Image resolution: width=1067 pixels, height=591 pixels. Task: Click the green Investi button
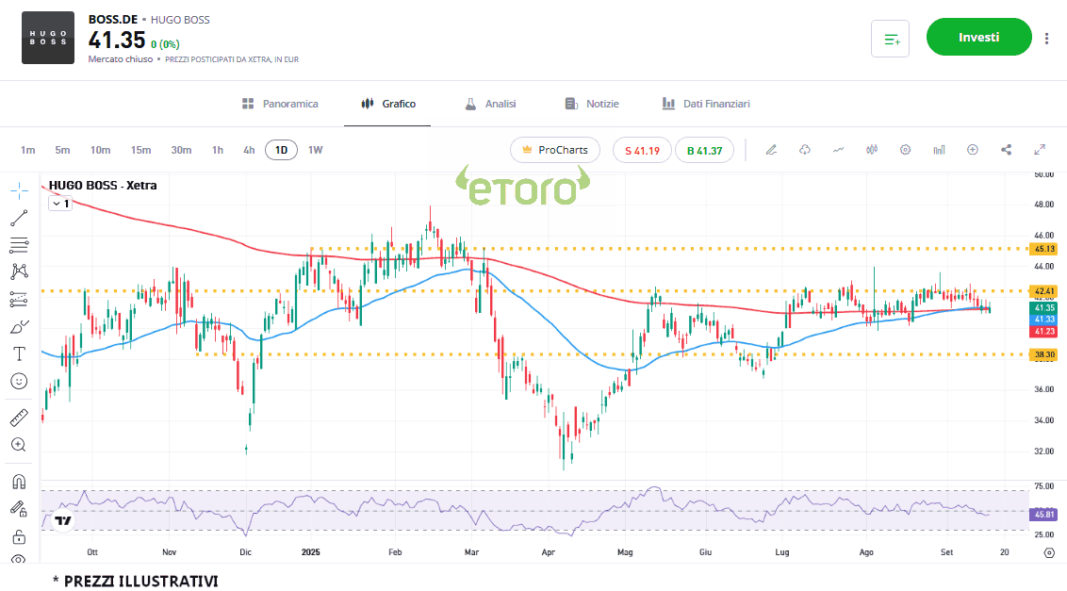978,38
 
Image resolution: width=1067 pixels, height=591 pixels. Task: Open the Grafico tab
388,104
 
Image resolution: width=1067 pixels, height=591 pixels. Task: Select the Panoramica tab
280,104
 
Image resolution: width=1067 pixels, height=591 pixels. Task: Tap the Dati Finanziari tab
706,104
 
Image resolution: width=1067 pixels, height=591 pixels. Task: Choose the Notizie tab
592,104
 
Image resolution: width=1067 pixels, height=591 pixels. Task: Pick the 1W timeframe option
315,150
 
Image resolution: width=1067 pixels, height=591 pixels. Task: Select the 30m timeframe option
181,150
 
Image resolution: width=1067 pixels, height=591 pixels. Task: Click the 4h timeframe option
249,150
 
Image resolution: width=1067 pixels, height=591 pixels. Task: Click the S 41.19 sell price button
642,150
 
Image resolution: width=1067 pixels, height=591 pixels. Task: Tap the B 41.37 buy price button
704,150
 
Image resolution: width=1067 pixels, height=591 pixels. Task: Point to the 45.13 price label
1043,249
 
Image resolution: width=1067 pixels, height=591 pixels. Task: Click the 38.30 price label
1043,354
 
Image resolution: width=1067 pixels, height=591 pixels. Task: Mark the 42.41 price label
1043,290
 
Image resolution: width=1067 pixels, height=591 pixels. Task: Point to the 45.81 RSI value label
1043,514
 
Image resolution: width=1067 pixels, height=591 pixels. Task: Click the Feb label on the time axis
395,552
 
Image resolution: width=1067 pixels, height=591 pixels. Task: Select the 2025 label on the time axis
312,552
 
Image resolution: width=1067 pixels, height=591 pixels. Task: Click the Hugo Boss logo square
48,38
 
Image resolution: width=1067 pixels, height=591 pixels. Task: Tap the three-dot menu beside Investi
1046,38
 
